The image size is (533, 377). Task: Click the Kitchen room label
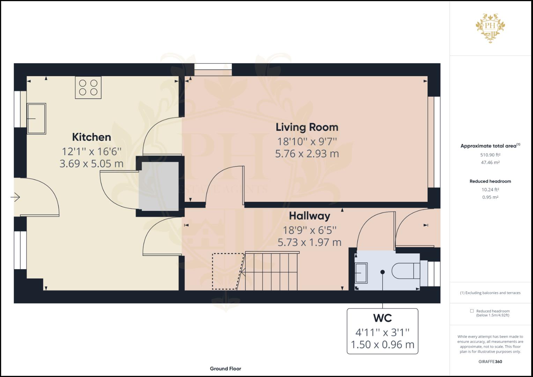(x=91, y=137)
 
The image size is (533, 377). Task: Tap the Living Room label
(x=307, y=127)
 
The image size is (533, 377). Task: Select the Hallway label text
(x=310, y=216)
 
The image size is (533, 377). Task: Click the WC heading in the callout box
(x=382, y=318)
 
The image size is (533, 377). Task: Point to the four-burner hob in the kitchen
(x=88, y=87)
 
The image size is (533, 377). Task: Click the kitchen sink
(x=36, y=119)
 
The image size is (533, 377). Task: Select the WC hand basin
(x=361, y=273)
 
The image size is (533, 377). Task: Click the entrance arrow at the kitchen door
(x=15, y=197)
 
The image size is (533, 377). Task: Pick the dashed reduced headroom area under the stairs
(x=228, y=272)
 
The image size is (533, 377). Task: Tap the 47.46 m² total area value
(x=490, y=163)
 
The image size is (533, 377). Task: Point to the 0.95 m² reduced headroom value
(x=490, y=197)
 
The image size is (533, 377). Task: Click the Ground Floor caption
(x=225, y=369)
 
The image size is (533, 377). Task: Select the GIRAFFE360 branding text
(x=490, y=362)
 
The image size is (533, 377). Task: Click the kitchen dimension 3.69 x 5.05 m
(x=91, y=164)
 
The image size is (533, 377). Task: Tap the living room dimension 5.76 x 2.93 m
(x=307, y=154)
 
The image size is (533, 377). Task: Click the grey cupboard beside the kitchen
(x=159, y=186)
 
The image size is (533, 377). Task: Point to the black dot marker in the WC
(x=382, y=272)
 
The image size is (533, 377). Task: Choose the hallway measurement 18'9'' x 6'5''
(x=310, y=230)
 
